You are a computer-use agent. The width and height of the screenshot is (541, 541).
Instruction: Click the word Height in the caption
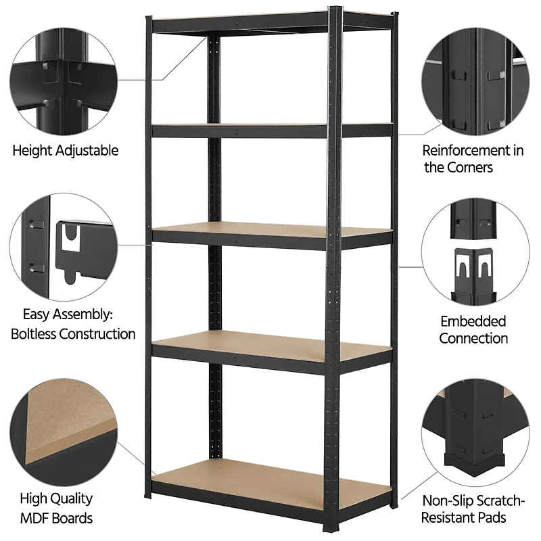click(32, 150)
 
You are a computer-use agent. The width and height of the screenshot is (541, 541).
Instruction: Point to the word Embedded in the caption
click(473, 321)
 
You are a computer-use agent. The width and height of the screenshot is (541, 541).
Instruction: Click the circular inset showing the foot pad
click(473, 433)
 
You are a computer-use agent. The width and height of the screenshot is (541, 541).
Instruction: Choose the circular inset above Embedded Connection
click(473, 254)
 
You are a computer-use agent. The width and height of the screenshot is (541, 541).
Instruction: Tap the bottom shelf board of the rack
click(270, 477)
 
